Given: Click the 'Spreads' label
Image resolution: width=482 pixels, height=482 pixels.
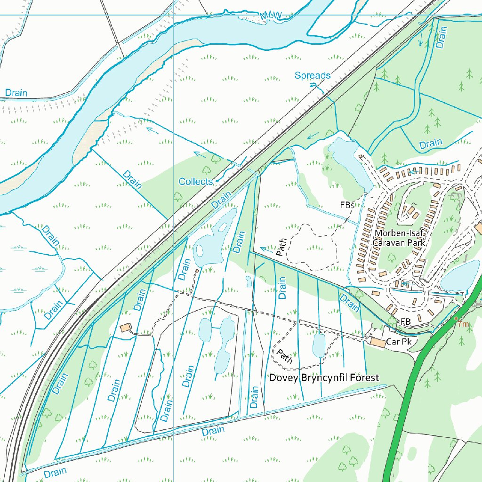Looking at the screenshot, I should point(312,75).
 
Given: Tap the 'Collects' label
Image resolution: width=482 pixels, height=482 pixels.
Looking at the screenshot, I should point(195,181).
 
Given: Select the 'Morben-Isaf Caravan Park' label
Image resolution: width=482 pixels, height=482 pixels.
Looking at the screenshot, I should point(398,238).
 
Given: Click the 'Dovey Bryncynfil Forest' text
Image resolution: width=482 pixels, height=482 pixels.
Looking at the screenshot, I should point(323,378).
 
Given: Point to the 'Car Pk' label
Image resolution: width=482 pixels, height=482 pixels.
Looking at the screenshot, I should point(399,342).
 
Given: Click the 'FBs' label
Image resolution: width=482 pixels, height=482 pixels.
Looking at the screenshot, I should point(347,205).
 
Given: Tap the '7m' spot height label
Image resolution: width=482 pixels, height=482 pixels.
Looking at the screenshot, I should point(463,324).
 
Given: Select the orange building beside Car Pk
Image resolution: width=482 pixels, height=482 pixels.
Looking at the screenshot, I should point(377,341).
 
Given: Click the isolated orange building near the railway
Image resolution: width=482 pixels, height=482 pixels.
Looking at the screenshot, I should point(125,327).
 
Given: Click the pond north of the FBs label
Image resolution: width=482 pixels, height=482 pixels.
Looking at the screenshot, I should point(348,160).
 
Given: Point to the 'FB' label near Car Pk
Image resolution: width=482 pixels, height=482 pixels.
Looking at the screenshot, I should point(406,321).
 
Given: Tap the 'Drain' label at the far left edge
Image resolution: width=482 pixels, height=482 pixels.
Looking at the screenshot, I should point(16,93).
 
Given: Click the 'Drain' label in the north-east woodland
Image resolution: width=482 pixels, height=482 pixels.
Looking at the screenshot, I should point(431,143).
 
